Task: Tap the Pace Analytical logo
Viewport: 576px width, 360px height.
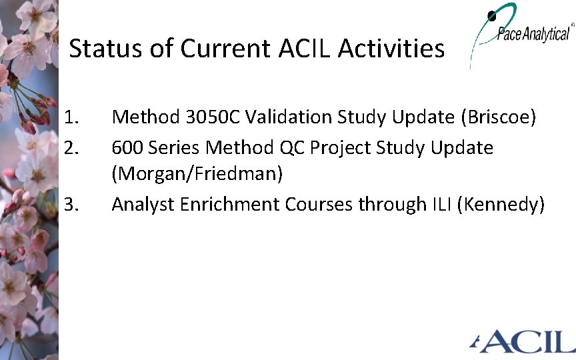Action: coord(523,33)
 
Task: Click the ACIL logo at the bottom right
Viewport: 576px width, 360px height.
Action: coord(524,341)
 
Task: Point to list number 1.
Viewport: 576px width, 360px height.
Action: coord(71,118)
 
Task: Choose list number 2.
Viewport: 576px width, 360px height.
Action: coord(71,147)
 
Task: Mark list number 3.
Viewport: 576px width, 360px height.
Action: coord(71,205)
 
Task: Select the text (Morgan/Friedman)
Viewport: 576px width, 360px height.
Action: coord(197,175)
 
